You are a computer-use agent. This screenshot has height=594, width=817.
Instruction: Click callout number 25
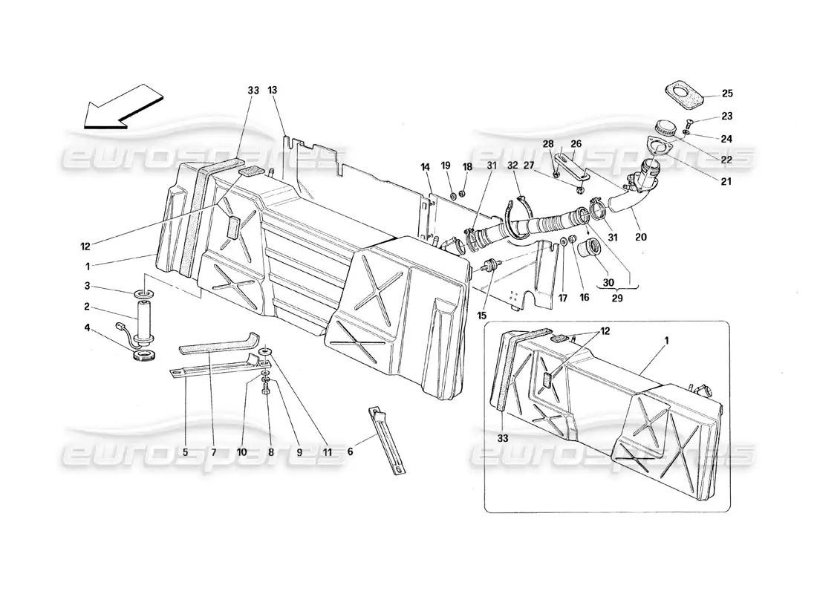pyautogui.click(x=726, y=94)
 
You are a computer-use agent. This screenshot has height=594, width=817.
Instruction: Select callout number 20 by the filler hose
pyautogui.click(x=640, y=238)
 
